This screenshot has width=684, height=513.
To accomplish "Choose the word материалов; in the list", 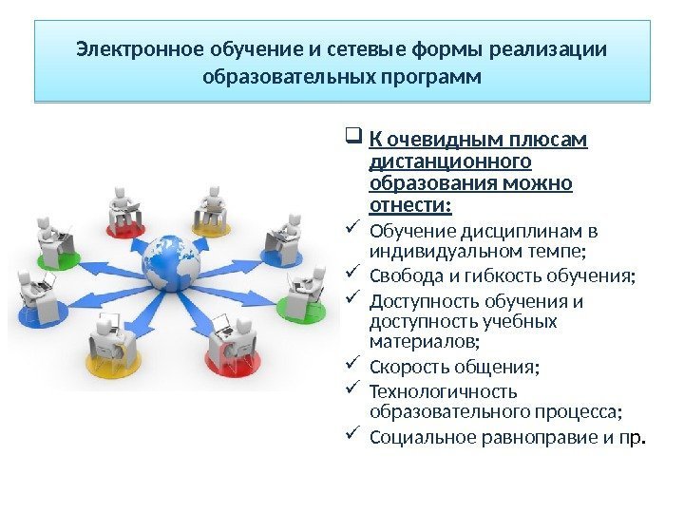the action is (x=424, y=342).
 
